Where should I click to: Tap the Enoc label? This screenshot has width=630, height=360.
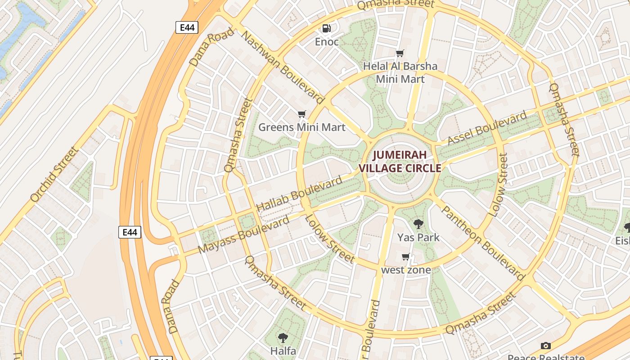tap(326, 42)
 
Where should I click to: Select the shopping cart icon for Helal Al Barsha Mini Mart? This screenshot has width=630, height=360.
tap(400, 54)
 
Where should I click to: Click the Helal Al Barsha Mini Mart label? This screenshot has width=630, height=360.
tap(400, 72)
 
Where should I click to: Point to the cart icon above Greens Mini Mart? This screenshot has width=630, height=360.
tap(301, 114)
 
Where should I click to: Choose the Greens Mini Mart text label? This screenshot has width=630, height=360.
tap(301, 127)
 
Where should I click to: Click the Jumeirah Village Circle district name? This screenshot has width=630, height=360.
tap(400, 162)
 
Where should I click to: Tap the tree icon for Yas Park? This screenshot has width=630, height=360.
tap(418, 224)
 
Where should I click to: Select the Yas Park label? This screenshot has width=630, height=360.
tap(418, 237)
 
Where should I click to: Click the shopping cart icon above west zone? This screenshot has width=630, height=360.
tap(405, 257)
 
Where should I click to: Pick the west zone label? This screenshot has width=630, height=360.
tap(406, 270)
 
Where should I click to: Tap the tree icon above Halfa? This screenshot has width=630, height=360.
tap(283, 337)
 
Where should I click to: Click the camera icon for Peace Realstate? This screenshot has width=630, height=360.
tap(545, 346)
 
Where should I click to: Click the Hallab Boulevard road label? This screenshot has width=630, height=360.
tap(299, 194)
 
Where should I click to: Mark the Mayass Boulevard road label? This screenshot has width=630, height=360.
tap(243, 235)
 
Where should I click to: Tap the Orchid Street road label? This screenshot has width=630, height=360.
tap(54, 175)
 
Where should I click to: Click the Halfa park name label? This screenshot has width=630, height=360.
tap(283, 351)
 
